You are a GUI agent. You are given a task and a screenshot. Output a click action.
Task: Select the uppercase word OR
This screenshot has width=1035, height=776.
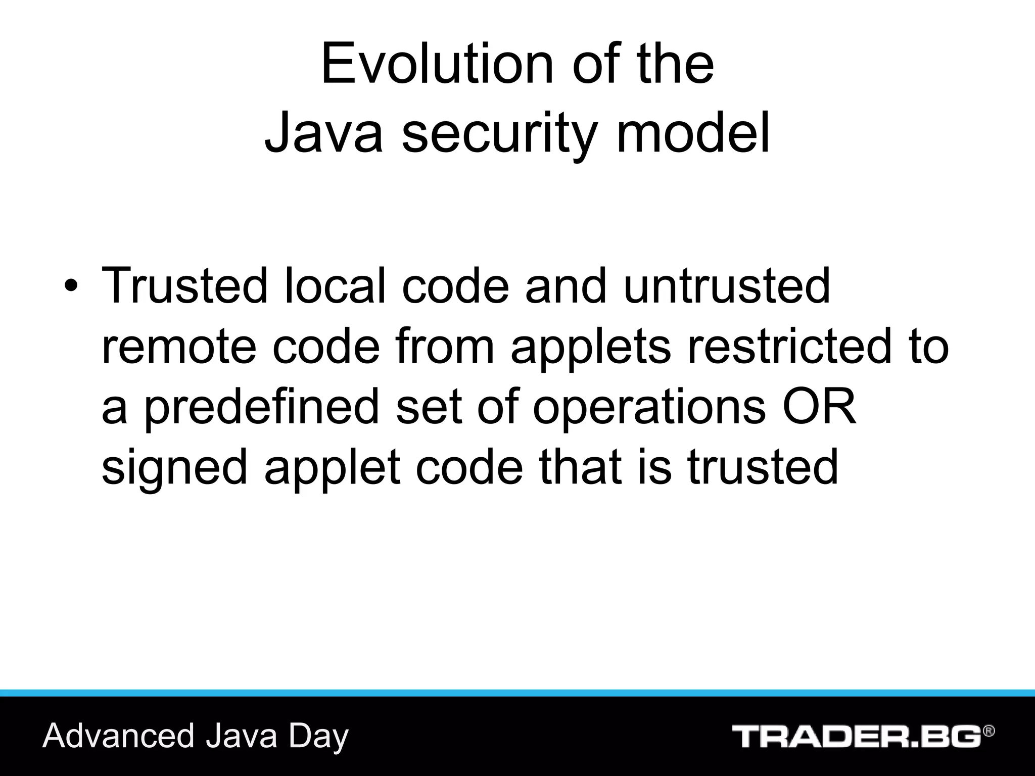820,407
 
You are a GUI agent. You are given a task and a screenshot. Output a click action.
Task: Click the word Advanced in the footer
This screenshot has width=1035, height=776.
118,736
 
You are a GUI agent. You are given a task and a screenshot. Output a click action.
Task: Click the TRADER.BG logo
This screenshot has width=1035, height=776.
857,736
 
